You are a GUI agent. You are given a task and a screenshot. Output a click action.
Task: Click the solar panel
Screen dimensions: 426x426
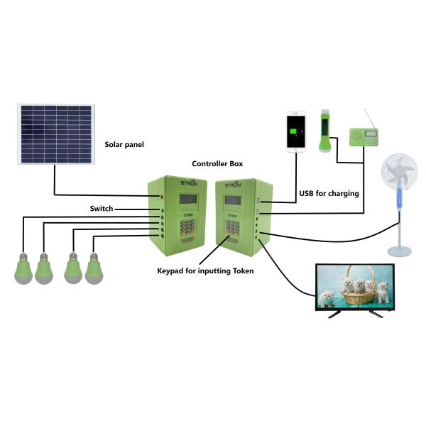click(x=55, y=135)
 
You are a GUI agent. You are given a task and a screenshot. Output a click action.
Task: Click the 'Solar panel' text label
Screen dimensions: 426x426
click(x=124, y=144)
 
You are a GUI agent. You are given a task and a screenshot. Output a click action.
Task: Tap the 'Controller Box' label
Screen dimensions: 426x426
click(x=217, y=164)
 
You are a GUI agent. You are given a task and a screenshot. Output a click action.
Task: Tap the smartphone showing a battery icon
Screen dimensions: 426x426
click(x=295, y=131)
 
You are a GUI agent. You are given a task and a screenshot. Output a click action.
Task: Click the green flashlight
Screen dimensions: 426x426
click(x=325, y=131)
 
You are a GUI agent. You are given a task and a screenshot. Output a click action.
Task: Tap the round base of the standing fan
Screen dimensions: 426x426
click(x=398, y=250)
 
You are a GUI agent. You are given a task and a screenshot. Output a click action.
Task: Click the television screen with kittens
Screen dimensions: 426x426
click(x=353, y=286)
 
